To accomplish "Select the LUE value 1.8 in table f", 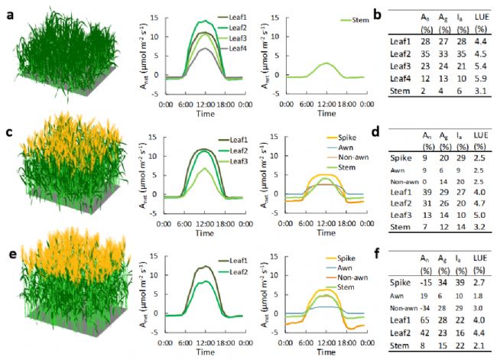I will [482, 294].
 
